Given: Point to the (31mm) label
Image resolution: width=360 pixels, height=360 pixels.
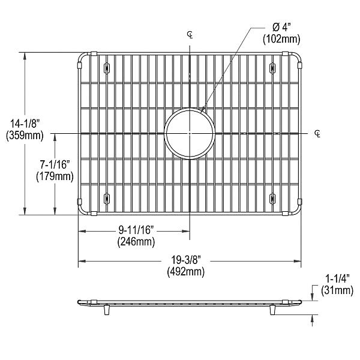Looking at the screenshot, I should [x=335, y=291].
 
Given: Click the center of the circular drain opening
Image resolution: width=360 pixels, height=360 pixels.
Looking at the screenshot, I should [x=190, y=132].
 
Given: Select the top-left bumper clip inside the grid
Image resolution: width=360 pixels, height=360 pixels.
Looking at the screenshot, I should [x=106, y=67].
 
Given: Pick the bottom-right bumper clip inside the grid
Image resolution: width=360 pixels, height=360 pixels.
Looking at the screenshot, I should [x=272, y=197].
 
